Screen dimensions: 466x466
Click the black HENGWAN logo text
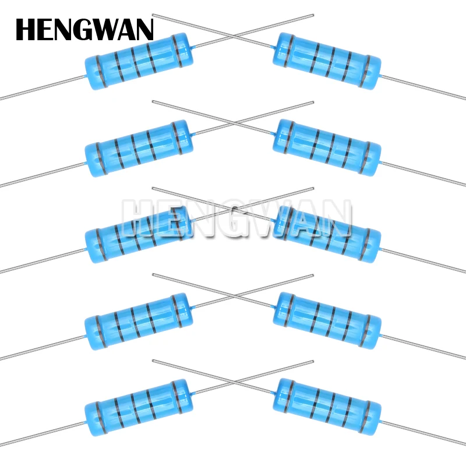[x=84, y=30]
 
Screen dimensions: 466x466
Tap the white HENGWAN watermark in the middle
[x=236, y=219]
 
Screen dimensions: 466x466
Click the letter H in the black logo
[x=26, y=30]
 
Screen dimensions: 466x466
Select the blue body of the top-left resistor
[x=139, y=61]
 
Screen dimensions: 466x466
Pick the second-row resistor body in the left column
[x=139, y=148]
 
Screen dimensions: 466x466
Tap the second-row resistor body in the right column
[x=326, y=147]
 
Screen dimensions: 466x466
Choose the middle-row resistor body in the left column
[x=139, y=235]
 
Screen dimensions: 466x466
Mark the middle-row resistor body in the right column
[x=326, y=233]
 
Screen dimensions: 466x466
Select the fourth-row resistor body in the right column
[x=326, y=319]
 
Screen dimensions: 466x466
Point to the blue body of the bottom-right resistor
[x=326, y=405]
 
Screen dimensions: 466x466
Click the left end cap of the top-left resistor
[x=95, y=73]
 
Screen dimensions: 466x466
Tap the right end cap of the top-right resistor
[x=371, y=72]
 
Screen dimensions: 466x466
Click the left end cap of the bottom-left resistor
[x=95, y=418]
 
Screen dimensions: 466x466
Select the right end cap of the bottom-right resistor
[x=371, y=417]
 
